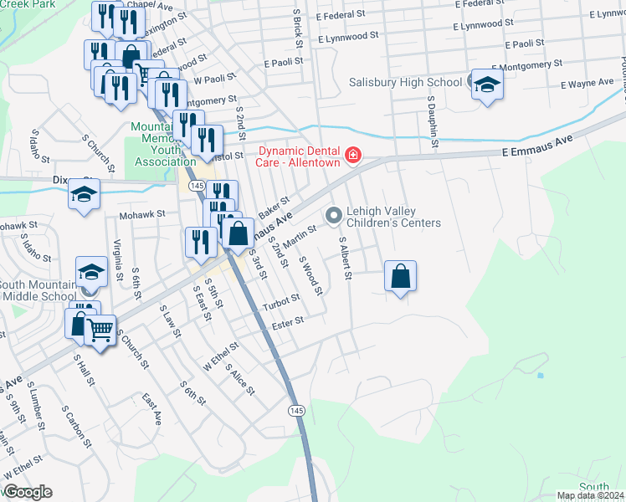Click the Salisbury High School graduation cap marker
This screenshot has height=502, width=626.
click(x=486, y=85)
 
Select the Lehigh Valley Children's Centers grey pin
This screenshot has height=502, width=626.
click(x=334, y=216)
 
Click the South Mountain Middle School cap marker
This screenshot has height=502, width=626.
click(x=91, y=272)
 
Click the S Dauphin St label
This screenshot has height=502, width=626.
click(x=434, y=122)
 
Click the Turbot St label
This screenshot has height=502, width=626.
click(x=281, y=301)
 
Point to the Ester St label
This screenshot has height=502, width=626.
click(x=286, y=321)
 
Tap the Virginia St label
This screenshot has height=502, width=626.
click(x=118, y=259)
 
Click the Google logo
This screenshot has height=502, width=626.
click(x=28, y=492)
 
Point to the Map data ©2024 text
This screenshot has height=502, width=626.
click(x=590, y=495)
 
